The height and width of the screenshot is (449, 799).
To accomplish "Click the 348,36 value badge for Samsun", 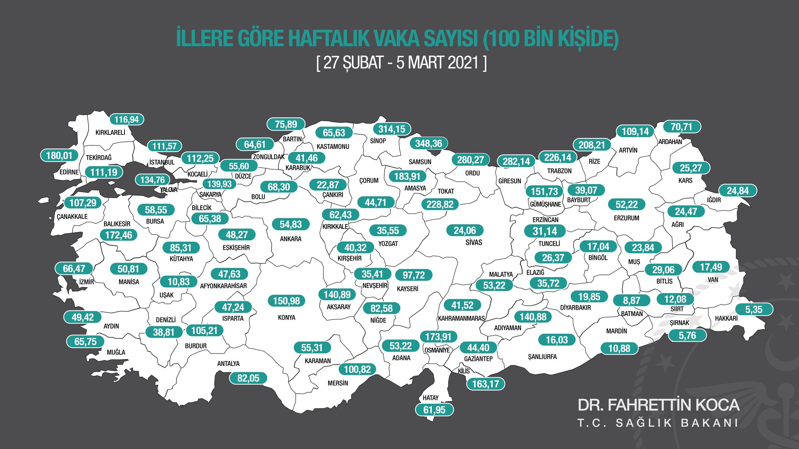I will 428,143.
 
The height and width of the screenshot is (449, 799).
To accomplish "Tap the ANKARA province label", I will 291,239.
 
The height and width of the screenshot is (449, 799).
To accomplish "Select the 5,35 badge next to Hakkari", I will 753,309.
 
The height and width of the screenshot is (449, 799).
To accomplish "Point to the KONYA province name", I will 286,318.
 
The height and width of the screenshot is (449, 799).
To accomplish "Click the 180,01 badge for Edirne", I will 59,156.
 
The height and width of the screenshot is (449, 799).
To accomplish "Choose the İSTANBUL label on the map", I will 162,162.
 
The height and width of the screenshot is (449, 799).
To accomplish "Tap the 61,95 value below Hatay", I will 434,410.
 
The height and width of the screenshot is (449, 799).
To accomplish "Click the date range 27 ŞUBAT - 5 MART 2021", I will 401,63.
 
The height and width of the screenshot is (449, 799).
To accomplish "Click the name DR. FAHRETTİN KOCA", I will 658,405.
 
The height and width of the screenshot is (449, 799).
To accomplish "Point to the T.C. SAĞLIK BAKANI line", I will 658,423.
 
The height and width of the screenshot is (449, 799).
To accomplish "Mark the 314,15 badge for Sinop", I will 391,129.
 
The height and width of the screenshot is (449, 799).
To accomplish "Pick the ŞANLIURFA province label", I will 542,357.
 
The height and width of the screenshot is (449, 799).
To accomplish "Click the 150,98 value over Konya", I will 286,301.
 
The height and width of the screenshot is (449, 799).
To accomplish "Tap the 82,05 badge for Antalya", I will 248,378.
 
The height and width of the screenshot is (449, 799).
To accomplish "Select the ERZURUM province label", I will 626,218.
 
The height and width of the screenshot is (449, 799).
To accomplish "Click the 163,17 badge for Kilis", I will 485,384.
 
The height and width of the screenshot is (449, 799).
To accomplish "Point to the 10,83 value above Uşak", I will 178,282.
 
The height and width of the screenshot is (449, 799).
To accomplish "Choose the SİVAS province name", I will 474,242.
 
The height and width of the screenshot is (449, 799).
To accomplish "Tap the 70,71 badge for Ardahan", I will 681,127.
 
